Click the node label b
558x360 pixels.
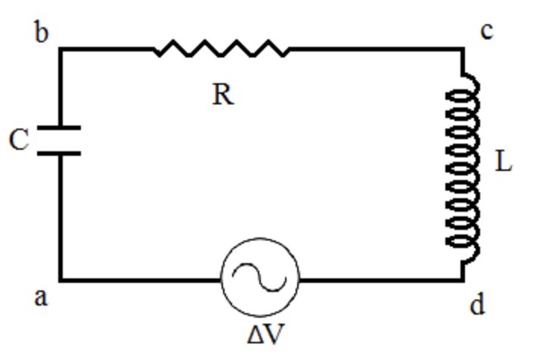(x=42, y=33)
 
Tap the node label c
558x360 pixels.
(x=486, y=32)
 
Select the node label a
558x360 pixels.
(x=41, y=297)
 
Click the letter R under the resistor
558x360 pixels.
(x=222, y=95)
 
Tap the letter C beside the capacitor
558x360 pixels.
(x=19, y=141)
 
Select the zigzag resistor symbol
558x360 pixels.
(x=221, y=50)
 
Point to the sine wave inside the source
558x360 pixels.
(x=259, y=279)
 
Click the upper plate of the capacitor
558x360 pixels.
(x=60, y=129)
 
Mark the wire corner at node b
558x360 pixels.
(x=61, y=50)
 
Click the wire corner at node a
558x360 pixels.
(x=61, y=280)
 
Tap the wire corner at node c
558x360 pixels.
(x=463, y=50)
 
